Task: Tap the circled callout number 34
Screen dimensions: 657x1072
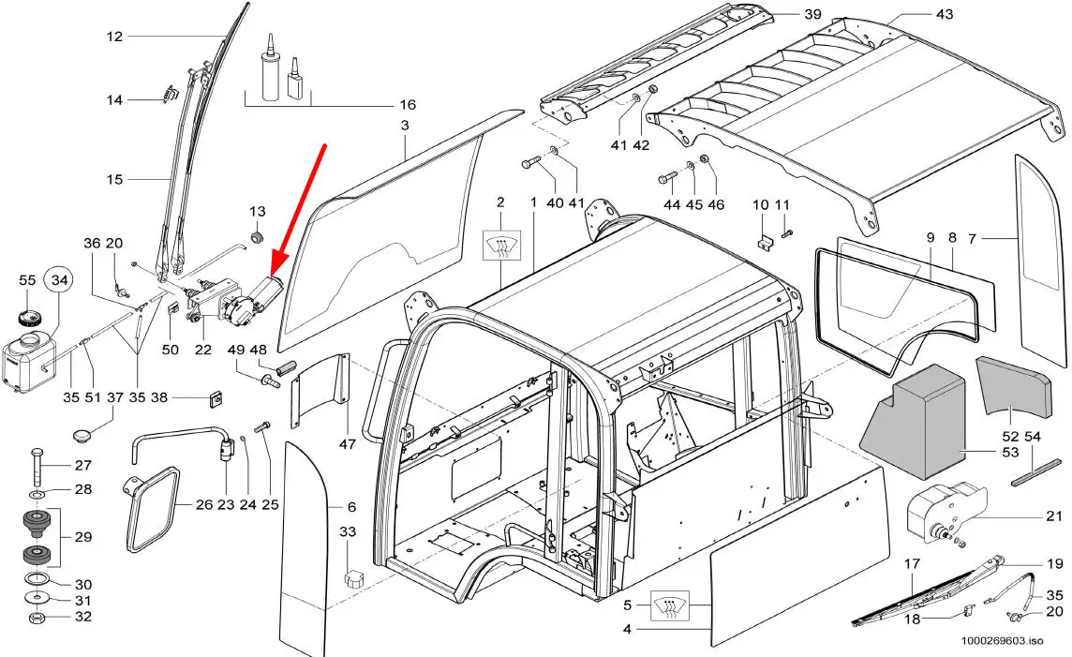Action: point(59,280)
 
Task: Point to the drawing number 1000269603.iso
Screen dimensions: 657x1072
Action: point(1001,641)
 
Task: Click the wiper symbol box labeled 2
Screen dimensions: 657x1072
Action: point(501,246)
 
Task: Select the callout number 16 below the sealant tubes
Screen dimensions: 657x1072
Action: point(408,105)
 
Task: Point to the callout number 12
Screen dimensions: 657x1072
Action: point(115,37)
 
